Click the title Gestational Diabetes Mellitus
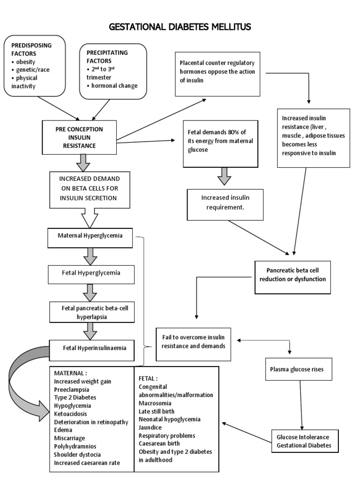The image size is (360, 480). [x=180, y=27]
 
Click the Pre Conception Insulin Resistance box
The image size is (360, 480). [x=79, y=137]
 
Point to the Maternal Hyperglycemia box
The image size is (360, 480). [x=90, y=236]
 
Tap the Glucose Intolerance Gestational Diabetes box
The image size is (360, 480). [x=304, y=441]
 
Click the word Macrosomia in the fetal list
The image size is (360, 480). [x=155, y=403]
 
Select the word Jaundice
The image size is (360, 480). [x=150, y=427]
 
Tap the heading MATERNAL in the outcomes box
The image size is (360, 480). [x=70, y=373]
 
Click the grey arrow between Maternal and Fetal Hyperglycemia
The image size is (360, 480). [x=90, y=256]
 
